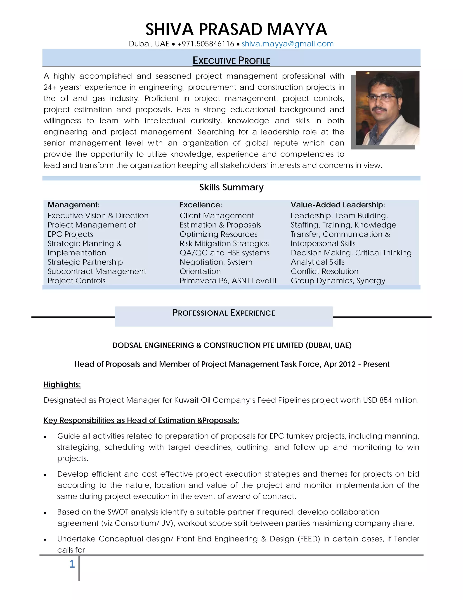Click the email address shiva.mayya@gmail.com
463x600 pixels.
(288, 44)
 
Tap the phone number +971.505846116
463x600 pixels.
(206, 44)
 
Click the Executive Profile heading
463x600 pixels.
(231, 60)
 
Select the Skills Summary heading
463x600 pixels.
(231, 187)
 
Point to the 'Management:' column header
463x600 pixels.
(73, 205)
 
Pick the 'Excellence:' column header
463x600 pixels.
(201, 205)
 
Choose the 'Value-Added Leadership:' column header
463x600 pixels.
(338, 205)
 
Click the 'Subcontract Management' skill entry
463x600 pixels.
(97, 271)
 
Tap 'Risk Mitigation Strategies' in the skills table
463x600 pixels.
(224, 244)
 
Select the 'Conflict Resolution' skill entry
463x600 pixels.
(324, 271)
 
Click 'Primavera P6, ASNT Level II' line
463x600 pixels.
(228, 281)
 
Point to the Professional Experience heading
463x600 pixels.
(224, 313)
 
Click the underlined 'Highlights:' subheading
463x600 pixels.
(62, 384)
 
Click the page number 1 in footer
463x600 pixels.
(72, 564)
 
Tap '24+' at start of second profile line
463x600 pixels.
(50, 87)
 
